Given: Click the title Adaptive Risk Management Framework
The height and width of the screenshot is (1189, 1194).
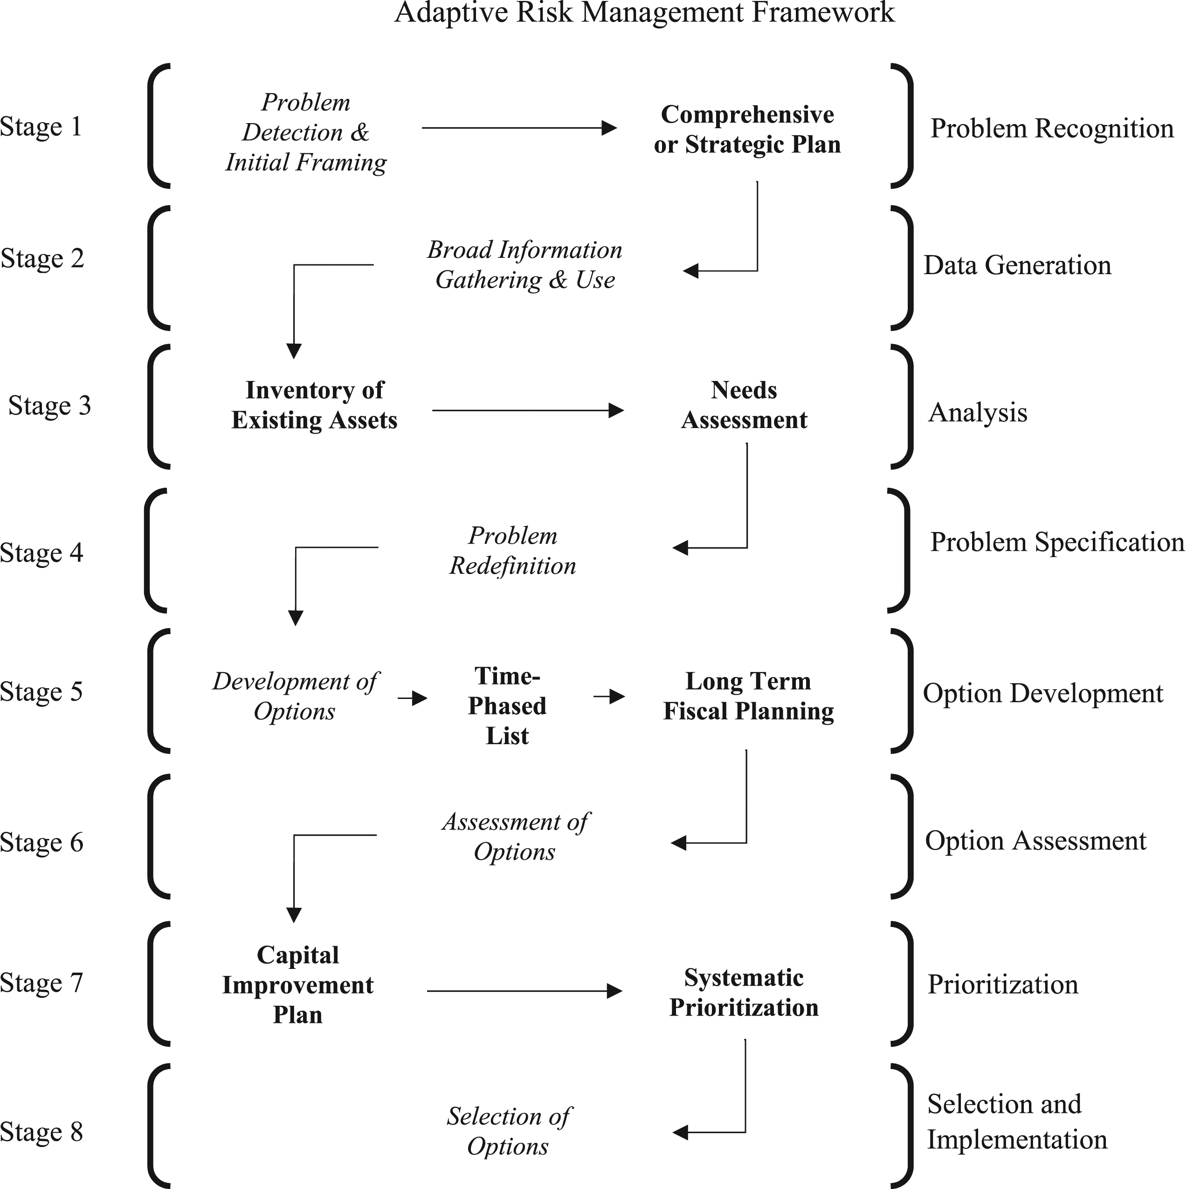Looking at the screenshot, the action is coord(645,13).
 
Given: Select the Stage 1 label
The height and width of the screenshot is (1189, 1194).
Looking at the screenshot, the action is coord(41,127).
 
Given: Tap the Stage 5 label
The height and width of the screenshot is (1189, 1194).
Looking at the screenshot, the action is coord(41,691).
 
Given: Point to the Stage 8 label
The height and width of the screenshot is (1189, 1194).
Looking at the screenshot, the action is coord(41,1132).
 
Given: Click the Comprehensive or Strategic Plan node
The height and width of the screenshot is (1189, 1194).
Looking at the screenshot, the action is coord(747,129).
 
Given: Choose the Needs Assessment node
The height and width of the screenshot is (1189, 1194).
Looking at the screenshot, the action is coord(744,405).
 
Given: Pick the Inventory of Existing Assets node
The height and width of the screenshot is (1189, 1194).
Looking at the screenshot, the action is coord(315,405).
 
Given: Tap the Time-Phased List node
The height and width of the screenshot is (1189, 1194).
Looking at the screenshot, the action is coord(507,706).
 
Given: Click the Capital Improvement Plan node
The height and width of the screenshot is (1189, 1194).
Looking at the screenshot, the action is coord(298,985).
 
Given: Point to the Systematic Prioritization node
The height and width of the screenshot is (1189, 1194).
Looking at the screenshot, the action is coord(744,993).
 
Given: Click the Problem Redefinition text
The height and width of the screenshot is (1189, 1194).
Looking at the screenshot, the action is coord(512,551).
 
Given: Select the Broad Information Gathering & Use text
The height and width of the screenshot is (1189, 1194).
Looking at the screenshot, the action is coord(525,264).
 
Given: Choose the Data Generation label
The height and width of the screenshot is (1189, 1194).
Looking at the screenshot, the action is coord(1017,265).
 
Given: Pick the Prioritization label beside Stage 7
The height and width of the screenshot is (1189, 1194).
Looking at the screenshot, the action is coord(1003,984).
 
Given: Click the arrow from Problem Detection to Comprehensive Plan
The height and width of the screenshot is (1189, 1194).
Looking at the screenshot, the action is coord(520,128).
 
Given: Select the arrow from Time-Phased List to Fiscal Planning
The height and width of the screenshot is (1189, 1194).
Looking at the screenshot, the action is coord(609,697).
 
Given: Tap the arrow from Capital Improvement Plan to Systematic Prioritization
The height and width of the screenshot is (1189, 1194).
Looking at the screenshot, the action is coord(525,991).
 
